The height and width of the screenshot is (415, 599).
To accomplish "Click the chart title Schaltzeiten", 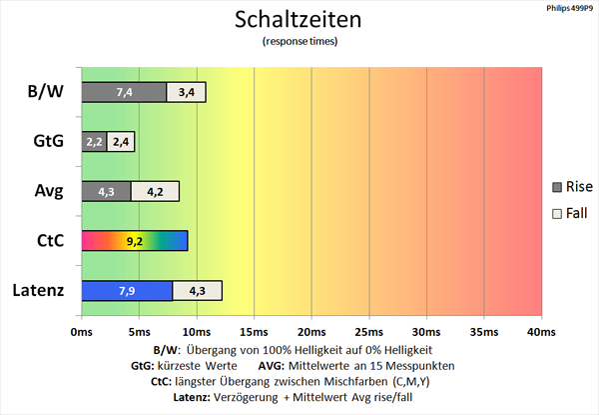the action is pos(298,19).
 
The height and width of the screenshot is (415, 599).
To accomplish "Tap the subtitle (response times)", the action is pos(299,41).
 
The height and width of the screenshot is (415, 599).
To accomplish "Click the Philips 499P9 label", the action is pos(570,8).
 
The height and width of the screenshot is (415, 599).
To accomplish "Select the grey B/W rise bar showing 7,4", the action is pos(124,92).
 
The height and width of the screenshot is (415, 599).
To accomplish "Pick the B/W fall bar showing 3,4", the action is pos(187,92).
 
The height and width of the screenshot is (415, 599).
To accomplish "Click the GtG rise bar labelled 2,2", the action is pos(94,142).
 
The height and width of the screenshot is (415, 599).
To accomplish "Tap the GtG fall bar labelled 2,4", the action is pos(121,142).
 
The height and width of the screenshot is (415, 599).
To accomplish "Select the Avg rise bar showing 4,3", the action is pos(106,191).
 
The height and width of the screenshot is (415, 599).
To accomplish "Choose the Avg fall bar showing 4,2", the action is pos(155,191).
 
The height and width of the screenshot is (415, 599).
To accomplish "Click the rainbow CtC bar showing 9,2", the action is pos(135,241).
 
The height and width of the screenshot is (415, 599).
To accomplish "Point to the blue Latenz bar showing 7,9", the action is pos(127,291).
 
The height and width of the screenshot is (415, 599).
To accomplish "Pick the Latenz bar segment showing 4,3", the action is pos(198,291).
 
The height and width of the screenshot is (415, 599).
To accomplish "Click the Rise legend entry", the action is pos(573,187).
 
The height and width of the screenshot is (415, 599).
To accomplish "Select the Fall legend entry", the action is pos(570,213).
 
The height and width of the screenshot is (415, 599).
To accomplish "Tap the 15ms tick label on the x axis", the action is pos(254,332).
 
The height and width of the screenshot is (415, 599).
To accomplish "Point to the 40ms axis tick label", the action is pos(541,332).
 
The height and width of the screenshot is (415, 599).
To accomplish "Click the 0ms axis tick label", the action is pos(82,332).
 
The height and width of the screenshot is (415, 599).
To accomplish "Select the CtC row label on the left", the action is pos(51,241).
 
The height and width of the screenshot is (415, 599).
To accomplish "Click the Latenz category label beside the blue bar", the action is pos(38,290).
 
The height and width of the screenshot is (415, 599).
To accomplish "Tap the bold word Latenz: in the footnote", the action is pos(192,397).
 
